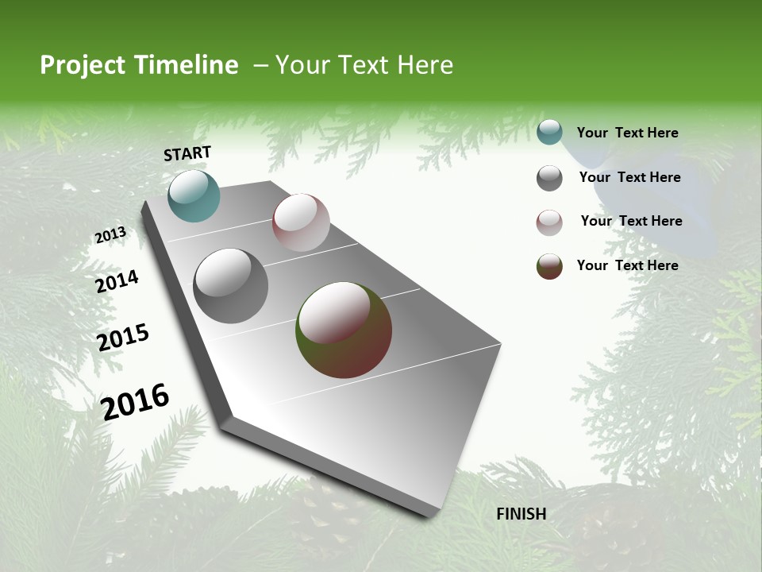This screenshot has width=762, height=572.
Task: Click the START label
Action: [187, 153]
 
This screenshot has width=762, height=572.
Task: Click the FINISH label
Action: [521, 514]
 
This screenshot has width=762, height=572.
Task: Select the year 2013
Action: [110, 235]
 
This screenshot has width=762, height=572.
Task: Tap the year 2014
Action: [117, 281]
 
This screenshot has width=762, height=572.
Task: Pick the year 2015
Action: [123, 338]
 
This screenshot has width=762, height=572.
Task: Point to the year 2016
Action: [135, 401]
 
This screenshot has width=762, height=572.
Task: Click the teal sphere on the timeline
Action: [194, 195]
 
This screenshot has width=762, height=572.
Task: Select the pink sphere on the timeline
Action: [301, 222]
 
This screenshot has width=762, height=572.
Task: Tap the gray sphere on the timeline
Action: [230, 286]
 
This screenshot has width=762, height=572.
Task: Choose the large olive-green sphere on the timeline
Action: [343, 330]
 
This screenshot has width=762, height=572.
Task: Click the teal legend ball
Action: [549, 133]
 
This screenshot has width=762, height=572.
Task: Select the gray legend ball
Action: [549, 178]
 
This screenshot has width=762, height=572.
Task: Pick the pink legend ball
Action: [549, 222]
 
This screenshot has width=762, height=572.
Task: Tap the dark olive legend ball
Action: [549, 266]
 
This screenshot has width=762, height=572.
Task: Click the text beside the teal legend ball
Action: [627, 133]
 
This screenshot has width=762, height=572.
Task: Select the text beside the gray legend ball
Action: [629, 177]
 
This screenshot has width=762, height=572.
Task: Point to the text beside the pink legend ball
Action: [631, 221]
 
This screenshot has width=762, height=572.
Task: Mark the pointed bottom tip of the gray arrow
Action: [433, 515]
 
